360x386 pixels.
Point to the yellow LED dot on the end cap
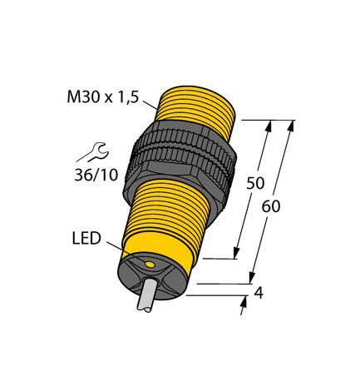click(x=150, y=265)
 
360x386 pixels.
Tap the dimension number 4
click(x=259, y=293)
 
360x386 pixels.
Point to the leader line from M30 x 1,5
click(x=150, y=105)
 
